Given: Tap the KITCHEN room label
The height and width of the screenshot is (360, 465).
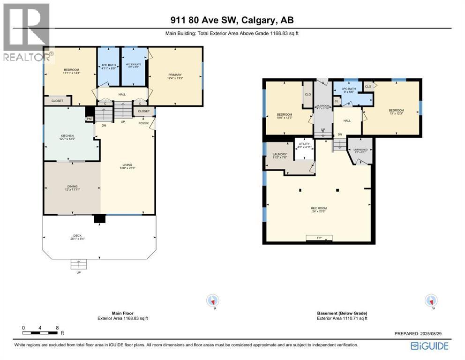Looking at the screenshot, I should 67,135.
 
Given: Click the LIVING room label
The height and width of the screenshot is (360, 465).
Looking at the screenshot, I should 127,165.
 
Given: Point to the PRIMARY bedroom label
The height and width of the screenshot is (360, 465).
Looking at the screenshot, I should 175,75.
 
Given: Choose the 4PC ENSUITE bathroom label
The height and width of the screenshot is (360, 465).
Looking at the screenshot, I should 134,64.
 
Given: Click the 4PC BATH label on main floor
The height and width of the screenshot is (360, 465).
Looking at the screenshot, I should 108,65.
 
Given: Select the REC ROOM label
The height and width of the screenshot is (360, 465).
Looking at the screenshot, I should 319,208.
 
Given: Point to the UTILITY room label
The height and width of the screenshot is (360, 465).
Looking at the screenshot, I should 304,144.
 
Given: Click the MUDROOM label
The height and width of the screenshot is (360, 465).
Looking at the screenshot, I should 322,106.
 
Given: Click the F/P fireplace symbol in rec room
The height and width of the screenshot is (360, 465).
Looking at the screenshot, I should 319,238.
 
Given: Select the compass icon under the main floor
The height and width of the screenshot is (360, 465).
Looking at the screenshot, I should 213,300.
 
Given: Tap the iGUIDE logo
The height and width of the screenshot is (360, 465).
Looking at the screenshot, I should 429,346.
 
